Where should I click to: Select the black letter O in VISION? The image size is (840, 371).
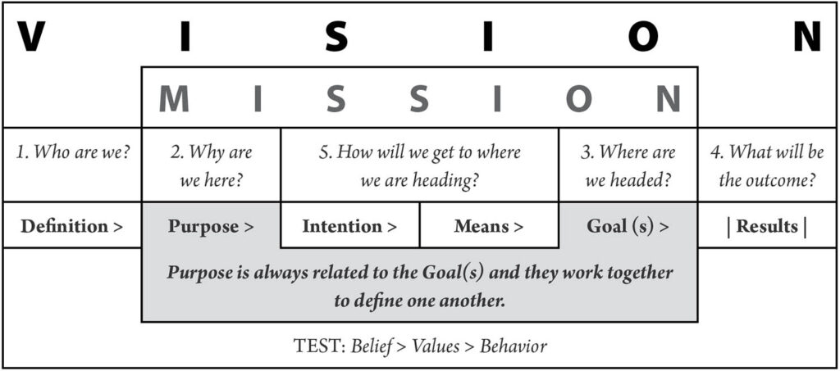click(x=643, y=36)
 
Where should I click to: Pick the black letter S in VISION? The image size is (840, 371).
click(x=336, y=36)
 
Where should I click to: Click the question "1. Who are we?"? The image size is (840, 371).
click(x=72, y=152)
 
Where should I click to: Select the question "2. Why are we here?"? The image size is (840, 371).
click(x=211, y=166)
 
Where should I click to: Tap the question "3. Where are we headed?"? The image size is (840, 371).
click(x=628, y=166)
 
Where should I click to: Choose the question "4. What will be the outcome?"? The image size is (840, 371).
click(x=768, y=166)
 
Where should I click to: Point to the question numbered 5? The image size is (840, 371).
click(x=419, y=166)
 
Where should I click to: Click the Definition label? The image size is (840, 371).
click(x=72, y=226)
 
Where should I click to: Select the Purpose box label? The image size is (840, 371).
click(x=211, y=226)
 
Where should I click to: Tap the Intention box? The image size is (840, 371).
click(x=349, y=225)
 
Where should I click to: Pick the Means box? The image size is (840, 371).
click(x=489, y=225)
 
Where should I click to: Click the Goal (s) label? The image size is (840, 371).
click(x=628, y=226)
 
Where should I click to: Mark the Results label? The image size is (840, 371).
click(x=767, y=226)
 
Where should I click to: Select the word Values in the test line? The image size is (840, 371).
click(x=436, y=346)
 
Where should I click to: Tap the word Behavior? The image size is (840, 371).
click(x=514, y=346)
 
